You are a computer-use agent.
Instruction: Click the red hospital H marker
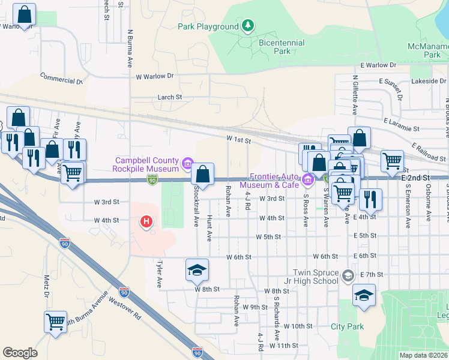(x=145, y=223)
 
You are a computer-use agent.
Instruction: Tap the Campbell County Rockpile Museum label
(x=146, y=164)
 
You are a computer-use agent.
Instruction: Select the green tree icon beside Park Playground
(x=247, y=26)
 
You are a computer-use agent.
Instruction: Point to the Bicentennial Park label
(x=281, y=47)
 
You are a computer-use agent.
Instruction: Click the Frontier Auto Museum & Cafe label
(x=275, y=180)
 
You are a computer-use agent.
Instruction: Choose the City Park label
(x=347, y=327)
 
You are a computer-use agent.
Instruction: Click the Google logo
(x=20, y=353)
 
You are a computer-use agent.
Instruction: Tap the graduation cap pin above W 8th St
(x=196, y=271)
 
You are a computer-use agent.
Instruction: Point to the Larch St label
(x=169, y=97)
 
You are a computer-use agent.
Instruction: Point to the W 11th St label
(x=283, y=346)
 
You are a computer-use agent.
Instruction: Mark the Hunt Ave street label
(x=209, y=229)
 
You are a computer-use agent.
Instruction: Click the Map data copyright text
(x=423, y=355)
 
